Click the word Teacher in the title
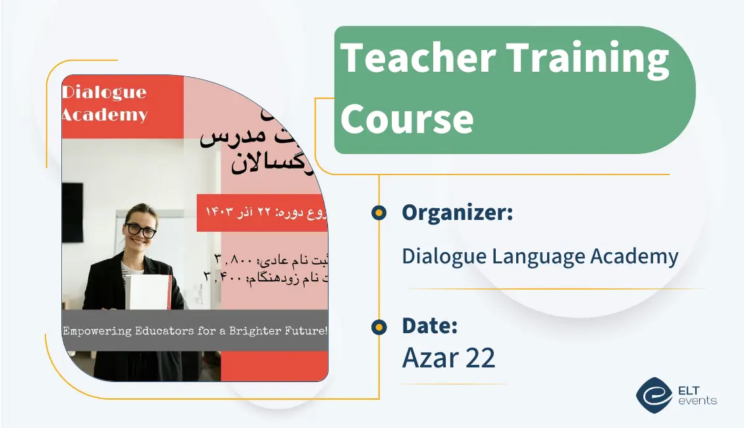[x=417, y=57]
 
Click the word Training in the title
[x=587, y=57]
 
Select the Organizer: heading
[x=458, y=213]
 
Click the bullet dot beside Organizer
[x=379, y=213]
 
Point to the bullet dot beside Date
[x=379, y=327]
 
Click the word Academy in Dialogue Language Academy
[x=636, y=256]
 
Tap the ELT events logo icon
[x=653, y=394]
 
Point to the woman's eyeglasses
[x=140, y=230]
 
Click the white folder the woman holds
[x=147, y=292]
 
